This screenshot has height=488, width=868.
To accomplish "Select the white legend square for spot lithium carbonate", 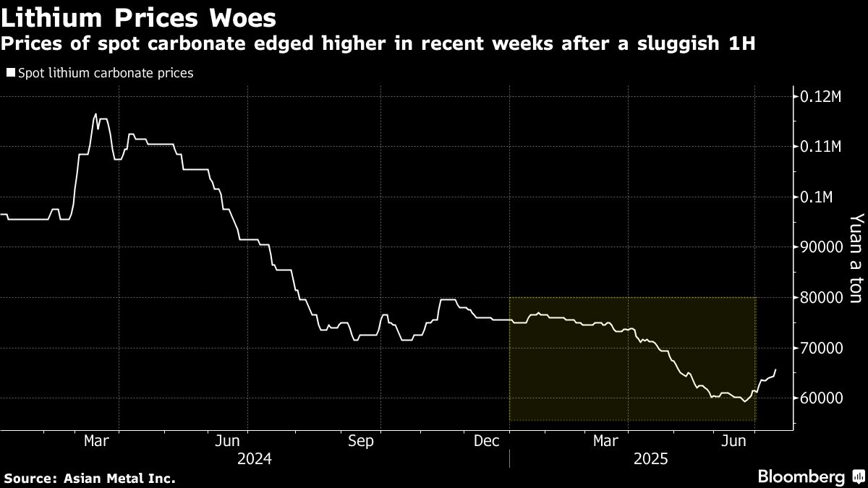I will [9, 73].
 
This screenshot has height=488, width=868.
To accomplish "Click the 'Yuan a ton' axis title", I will [856, 267].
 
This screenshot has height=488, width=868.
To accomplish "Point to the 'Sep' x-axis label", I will [360, 441].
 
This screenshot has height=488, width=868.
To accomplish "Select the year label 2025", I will [650, 459].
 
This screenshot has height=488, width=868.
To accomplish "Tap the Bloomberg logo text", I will [801, 476].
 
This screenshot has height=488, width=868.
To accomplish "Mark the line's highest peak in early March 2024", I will [95, 114].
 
